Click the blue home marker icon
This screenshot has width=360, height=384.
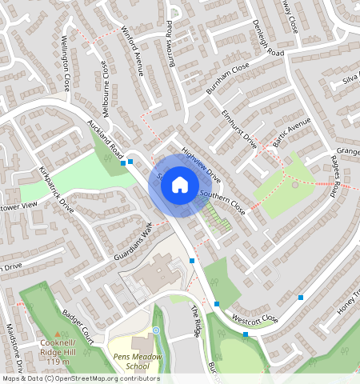(180, 186)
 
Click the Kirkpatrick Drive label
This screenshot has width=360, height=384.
(56, 190)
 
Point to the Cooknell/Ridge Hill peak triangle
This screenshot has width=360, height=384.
(56, 335)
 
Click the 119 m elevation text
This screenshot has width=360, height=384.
(58, 362)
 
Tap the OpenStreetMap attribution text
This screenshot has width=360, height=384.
(80, 378)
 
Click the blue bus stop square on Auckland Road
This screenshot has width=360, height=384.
(130, 162)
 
